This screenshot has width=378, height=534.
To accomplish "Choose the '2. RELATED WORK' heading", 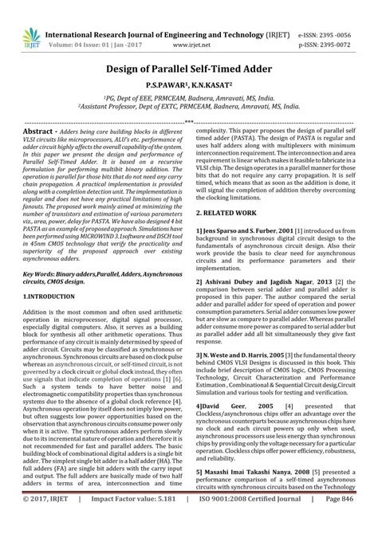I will [232, 192].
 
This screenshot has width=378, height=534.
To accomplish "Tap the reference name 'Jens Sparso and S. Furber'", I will [243, 207].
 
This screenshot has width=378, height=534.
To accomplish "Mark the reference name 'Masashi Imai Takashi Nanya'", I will [254, 473].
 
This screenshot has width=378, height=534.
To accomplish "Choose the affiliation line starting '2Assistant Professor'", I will [188, 104].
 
